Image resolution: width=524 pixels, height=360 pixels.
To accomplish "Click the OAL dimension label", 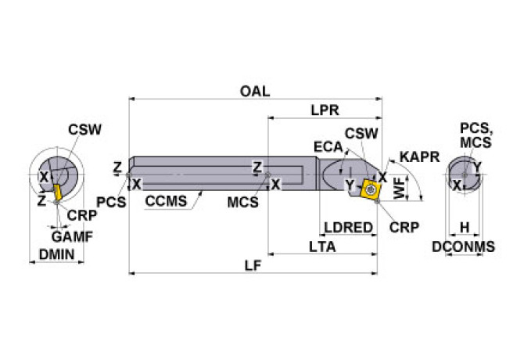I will click(254, 91).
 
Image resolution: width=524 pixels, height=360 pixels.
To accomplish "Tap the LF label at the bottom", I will click(253, 265).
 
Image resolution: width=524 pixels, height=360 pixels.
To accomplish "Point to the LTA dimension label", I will click(323, 247).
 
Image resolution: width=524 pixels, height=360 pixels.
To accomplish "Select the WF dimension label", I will click(400, 189).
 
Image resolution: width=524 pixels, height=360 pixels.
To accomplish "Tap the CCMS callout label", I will click(166, 201).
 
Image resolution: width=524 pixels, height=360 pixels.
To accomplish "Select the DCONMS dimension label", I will click(464, 247).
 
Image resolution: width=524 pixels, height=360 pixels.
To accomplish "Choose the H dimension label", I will click(465, 227).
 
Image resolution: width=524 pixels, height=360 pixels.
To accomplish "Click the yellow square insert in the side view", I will click(368, 188).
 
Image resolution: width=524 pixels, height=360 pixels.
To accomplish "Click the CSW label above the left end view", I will click(84, 130).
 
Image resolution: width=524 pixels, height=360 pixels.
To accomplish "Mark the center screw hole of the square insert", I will click(368, 188).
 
